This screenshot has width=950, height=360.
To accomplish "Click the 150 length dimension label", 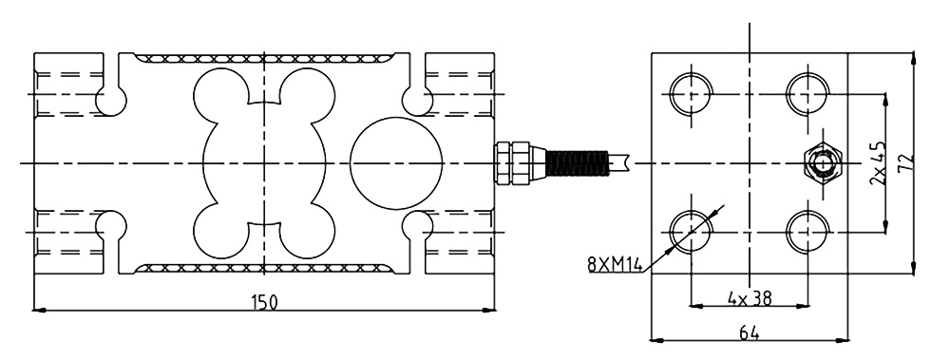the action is click(x=263, y=302).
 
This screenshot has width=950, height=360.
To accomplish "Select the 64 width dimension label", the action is click(x=749, y=332).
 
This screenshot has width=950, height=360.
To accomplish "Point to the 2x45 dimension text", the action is click(x=877, y=163).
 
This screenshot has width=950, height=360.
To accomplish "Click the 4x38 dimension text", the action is click(x=750, y=298).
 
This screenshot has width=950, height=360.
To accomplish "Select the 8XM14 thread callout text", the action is click(x=615, y=265).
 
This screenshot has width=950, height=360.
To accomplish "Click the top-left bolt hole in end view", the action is click(x=691, y=95).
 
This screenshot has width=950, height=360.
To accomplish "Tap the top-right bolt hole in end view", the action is click(x=807, y=95).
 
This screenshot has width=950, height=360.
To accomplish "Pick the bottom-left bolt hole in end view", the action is click(x=691, y=232).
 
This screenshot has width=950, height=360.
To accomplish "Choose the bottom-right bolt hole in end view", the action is click(x=807, y=232).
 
